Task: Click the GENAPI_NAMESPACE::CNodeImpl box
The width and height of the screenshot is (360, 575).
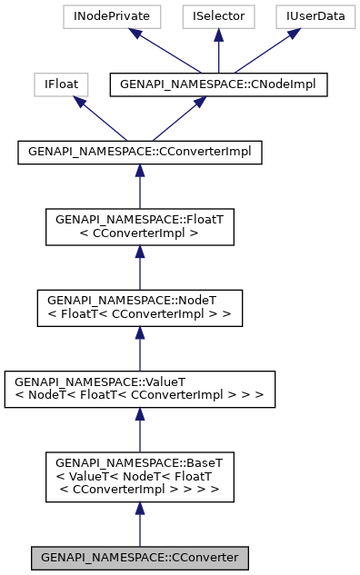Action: (217, 84)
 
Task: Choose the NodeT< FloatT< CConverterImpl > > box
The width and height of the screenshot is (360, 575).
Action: (140, 304)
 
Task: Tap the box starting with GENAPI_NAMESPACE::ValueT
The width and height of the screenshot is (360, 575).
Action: (140, 388)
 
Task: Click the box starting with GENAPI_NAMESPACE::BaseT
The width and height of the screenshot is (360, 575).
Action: (140, 478)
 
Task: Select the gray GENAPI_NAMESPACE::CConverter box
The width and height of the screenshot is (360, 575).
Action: (140, 556)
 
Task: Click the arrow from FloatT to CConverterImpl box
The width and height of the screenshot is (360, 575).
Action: (140, 187)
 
